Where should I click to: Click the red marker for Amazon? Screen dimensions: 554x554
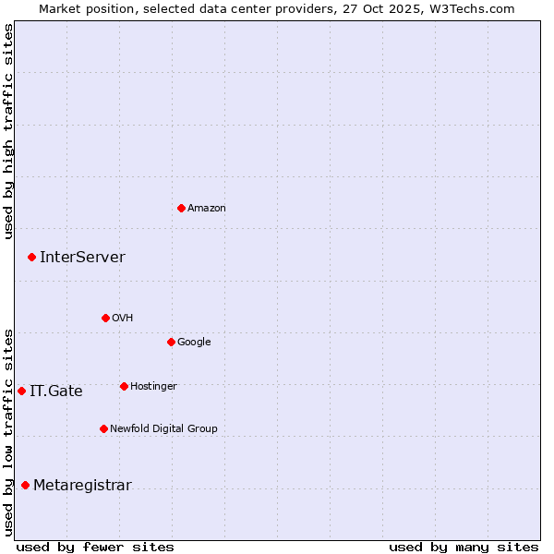pos(181,208)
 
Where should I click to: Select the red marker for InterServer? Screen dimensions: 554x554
pos(31,257)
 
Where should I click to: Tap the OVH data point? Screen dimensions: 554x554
pos(105,318)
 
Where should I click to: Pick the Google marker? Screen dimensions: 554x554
pos(171,342)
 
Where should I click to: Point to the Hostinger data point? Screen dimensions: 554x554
pos(124,386)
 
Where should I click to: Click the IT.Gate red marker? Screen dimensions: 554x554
pos(21,391)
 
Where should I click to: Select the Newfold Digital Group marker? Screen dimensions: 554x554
pos(103,428)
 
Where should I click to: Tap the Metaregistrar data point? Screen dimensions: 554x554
pos(25,485)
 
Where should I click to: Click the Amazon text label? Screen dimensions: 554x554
pos(207,209)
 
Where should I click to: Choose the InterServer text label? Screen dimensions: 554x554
pos(82,258)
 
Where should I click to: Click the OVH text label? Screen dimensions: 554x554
pos(123,319)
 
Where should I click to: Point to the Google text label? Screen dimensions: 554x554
pos(194,343)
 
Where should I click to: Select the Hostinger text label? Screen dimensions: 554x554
pos(153,387)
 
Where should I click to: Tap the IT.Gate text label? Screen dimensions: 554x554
pos(56,391)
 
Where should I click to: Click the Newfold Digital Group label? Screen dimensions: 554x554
pos(163,429)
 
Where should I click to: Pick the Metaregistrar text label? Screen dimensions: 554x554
pos(82,486)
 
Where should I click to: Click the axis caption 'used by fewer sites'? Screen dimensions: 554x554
pos(95,547)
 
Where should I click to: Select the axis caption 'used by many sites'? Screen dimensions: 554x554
pos(464,547)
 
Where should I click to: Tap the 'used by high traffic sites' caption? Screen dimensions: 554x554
pos(8,131)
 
